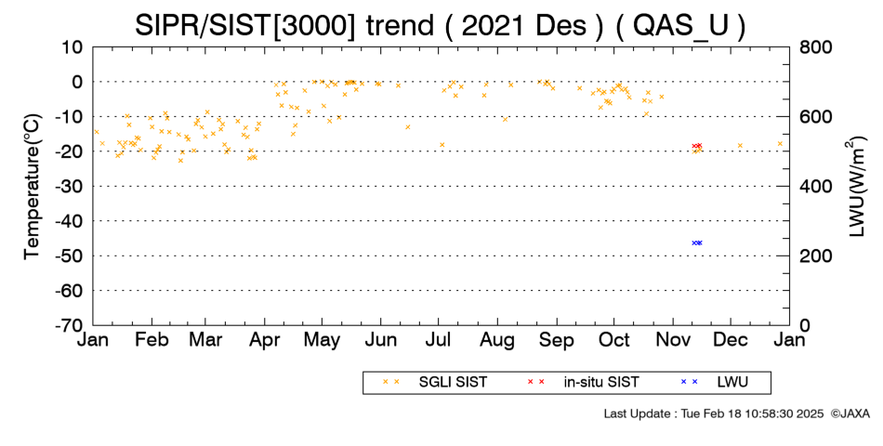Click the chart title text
point(440,26)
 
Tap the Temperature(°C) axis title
point(33,187)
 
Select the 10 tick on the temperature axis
point(72,47)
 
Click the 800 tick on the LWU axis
point(815,47)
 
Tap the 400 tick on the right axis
point(815,187)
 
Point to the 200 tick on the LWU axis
point(815,256)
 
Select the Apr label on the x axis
point(265,340)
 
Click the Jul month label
point(438,340)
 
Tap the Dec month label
point(731,340)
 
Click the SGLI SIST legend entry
point(435,383)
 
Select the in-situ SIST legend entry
point(583,383)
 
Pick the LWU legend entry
point(715,383)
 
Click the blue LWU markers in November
point(697,243)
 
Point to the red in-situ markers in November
point(697,146)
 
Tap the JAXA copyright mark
point(850,413)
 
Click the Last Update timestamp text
point(714,413)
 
